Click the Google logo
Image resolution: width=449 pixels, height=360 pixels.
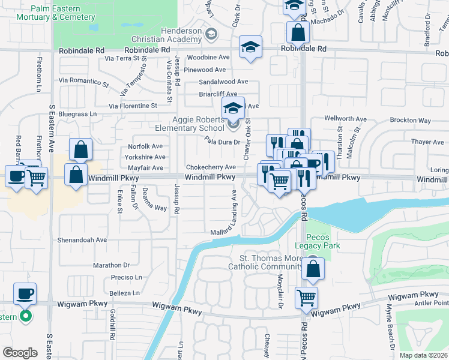(x=20, y=353)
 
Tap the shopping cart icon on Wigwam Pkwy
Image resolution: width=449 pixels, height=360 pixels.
(x=307, y=296)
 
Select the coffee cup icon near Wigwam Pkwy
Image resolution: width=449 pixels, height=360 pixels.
(x=25, y=293)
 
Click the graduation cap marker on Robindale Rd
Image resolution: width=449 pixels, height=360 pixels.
(x=251, y=47)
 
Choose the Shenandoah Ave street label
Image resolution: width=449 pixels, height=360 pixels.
(x=82, y=239)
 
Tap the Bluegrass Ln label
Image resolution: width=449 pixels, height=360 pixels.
(x=77, y=113)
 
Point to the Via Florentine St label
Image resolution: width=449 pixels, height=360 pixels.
(x=133, y=106)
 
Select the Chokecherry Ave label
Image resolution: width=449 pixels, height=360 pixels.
(x=211, y=167)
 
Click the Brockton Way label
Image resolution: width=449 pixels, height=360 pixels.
(x=410, y=121)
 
